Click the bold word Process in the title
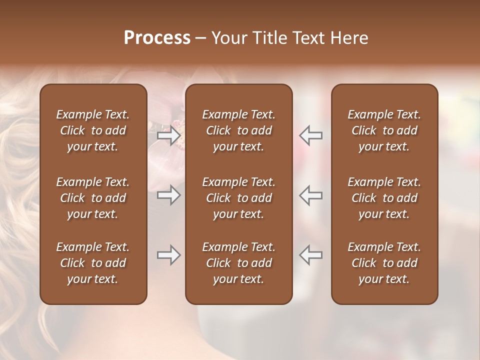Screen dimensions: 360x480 (x=157, y=38)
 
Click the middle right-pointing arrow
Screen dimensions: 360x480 (x=169, y=195)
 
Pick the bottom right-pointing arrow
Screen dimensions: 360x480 (x=169, y=255)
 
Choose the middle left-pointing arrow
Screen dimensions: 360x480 (x=311, y=195)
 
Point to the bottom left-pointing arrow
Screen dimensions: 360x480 (x=311, y=255)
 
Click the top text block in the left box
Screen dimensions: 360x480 (x=93, y=130)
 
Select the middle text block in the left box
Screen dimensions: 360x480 (x=93, y=198)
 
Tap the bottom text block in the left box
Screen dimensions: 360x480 (x=93, y=263)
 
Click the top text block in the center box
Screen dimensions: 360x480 (x=239, y=130)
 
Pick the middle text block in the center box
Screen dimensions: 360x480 (x=239, y=198)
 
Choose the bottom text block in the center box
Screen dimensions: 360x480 (x=239, y=263)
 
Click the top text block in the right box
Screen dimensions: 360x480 (x=384, y=130)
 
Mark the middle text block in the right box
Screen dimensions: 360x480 (x=384, y=198)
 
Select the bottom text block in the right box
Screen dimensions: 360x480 (x=384, y=263)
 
